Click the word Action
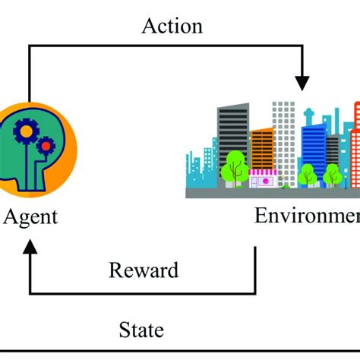click(172, 26)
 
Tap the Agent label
click(30, 217)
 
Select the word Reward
click(144, 270)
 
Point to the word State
click(141, 330)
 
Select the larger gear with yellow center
click(25, 131)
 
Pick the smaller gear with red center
click(46, 142)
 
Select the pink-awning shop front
click(263, 179)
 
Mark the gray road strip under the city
click(273, 193)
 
